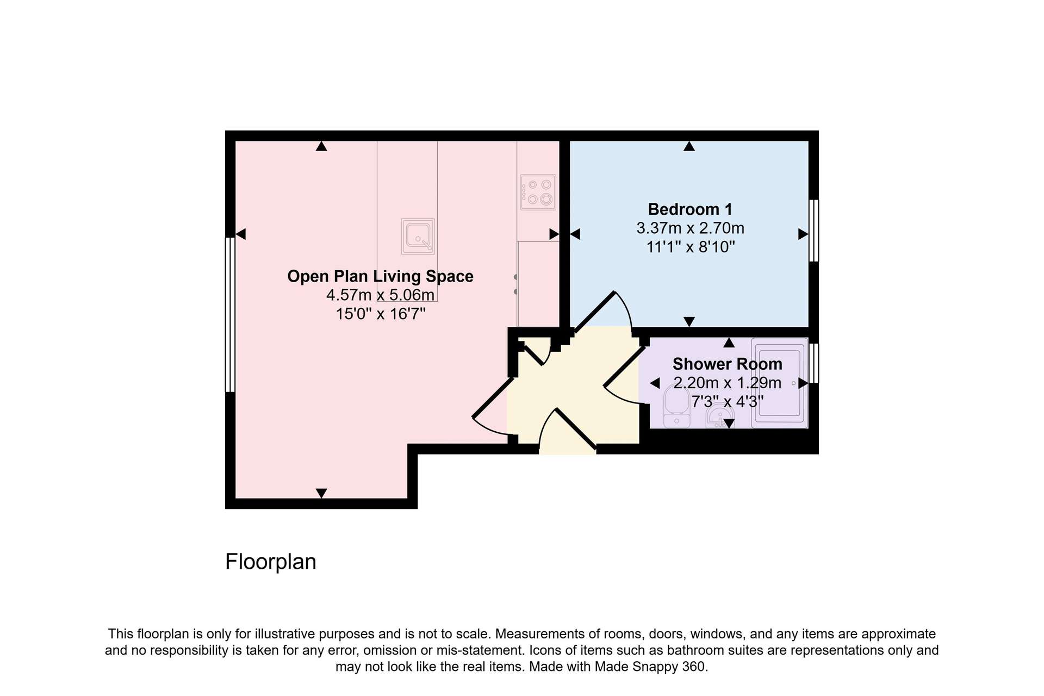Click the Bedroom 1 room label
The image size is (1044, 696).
tap(690, 209)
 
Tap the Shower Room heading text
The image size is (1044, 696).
tap(728, 364)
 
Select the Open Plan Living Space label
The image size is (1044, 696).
tap(380, 276)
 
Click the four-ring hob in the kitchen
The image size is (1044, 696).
tap(538, 192)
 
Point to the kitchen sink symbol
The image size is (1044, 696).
tap(418, 237)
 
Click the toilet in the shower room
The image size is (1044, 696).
tap(677, 407)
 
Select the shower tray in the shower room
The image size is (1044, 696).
tap(780, 383)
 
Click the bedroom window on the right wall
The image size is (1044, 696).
tap(814, 231)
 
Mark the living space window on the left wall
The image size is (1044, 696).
tap(230, 314)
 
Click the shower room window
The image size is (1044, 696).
tap(814, 363)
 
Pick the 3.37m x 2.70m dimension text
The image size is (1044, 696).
tap(691, 228)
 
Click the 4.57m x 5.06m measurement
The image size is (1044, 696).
tap(380, 295)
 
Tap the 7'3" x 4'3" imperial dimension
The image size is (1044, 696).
tap(728, 402)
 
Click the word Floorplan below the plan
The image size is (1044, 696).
tap(271, 562)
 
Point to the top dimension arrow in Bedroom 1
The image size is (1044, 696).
tap(689, 146)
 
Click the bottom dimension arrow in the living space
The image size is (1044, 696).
tap(321, 493)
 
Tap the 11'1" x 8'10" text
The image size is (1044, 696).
tap(691, 247)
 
